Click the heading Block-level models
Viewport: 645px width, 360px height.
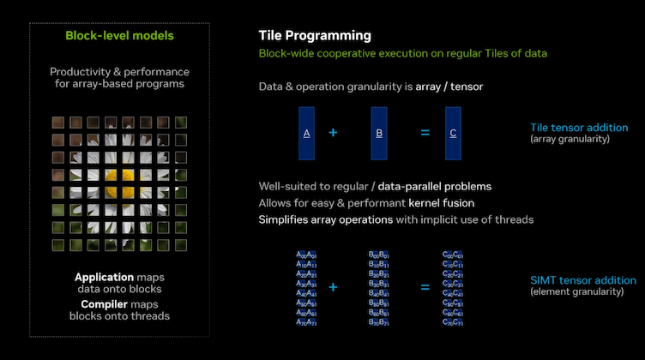pyautogui.click(x=119, y=36)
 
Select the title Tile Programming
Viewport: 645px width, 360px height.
pyautogui.click(x=315, y=36)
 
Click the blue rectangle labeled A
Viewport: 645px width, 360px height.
pyautogui.click(x=307, y=134)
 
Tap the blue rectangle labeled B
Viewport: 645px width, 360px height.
pyautogui.click(x=380, y=134)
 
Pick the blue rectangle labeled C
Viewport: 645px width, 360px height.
pyautogui.click(x=453, y=134)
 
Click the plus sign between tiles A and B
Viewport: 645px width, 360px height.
pyautogui.click(x=333, y=134)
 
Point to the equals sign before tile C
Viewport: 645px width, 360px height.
pyautogui.click(x=424, y=134)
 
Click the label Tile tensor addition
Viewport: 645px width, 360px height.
pyautogui.click(x=579, y=128)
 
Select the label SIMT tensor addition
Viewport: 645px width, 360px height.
pyautogui.click(x=583, y=280)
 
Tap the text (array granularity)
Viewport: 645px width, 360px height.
pyautogui.click(x=570, y=139)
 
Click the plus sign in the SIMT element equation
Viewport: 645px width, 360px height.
pyautogui.click(x=333, y=287)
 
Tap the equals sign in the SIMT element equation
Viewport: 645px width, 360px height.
pyautogui.click(x=424, y=287)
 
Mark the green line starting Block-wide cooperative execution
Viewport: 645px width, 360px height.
pyautogui.click(x=401, y=54)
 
